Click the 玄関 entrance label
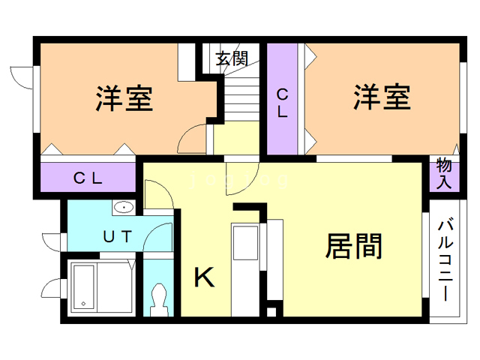231,59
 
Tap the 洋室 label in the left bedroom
124,98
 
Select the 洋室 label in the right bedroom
382,97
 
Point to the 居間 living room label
354,246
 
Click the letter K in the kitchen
204,277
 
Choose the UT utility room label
118,237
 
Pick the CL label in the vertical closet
283,103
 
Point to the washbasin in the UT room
124,208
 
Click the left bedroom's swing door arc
192,139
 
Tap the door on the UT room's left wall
52,241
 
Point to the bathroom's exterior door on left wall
52,287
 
